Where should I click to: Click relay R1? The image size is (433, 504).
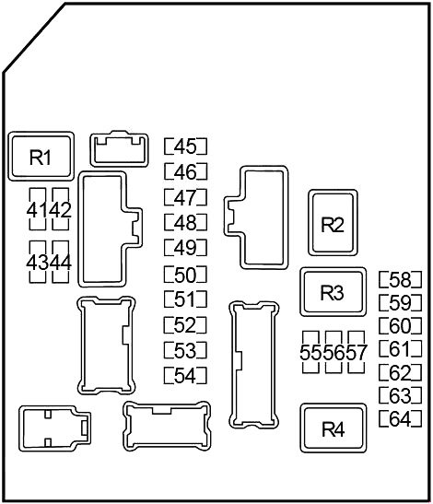pos(41,157)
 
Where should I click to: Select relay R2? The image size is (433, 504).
pos(333,223)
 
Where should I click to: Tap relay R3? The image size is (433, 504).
pos(333,292)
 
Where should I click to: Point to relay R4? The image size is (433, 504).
pos(334,428)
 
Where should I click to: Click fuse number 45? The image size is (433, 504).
pos(185,147)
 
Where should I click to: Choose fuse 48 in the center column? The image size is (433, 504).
pos(185,222)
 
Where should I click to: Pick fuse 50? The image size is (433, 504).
pos(185,275)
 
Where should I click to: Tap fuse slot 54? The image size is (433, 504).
pos(185,375)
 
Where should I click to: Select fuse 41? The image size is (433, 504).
pos(38,209)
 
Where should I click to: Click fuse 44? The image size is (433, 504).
pos(61,263)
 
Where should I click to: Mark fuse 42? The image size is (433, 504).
pos(61,209)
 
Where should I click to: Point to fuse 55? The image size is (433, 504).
pos(310,352)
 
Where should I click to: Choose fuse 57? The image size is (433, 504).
pos(357,352)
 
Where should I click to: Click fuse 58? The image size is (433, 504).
pos(400,280)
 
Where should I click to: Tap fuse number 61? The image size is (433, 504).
pos(400,349)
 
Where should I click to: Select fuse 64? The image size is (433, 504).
pos(400,419)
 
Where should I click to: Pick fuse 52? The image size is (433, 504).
pos(185,325)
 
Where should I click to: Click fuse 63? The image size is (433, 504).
pos(400,395)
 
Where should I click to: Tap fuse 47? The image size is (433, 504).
pos(185,197)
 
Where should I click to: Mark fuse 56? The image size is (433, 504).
pos(334,352)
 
